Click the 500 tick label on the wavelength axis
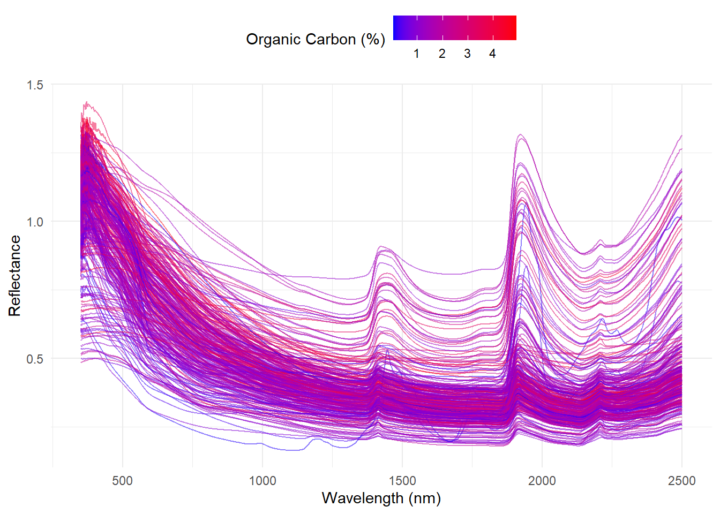(x=122, y=481)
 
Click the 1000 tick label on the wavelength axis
(x=262, y=481)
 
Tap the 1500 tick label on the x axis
(x=402, y=481)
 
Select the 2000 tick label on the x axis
(x=542, y=481)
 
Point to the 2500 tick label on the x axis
(x=681, y=481)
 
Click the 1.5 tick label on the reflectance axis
(x=35, y=85)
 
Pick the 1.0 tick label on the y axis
(x=35, y=222)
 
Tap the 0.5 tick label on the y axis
(x=35, y=359)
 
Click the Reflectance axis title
(x=14, y=276)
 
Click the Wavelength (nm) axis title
(x=381, y=498)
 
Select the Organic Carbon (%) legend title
(x=315, y=40)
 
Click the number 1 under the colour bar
(x=416, y=54)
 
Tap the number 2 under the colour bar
(x=442, y=54)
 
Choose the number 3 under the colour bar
(x=467, y=54)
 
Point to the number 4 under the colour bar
(x=492, y=54)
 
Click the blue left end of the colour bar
(x=396, y=28)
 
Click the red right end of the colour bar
(x=513, y=28)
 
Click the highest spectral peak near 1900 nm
(x=520, y=134)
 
